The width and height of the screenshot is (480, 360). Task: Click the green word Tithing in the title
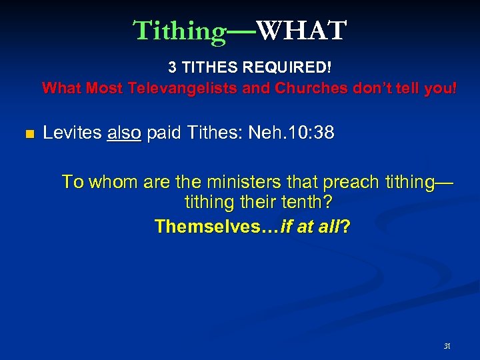point(180,31)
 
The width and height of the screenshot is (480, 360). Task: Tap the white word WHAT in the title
point(301,31)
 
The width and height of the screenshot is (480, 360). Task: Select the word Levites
point(72,133)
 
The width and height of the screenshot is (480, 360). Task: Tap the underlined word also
point(124,133)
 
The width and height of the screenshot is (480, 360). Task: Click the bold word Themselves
point(213,227)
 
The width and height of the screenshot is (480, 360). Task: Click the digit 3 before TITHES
point(172,67)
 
